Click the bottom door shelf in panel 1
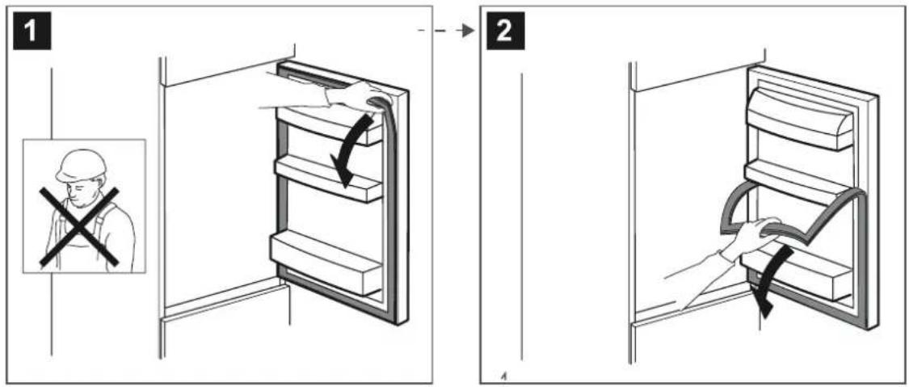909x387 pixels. click(327, 263)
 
